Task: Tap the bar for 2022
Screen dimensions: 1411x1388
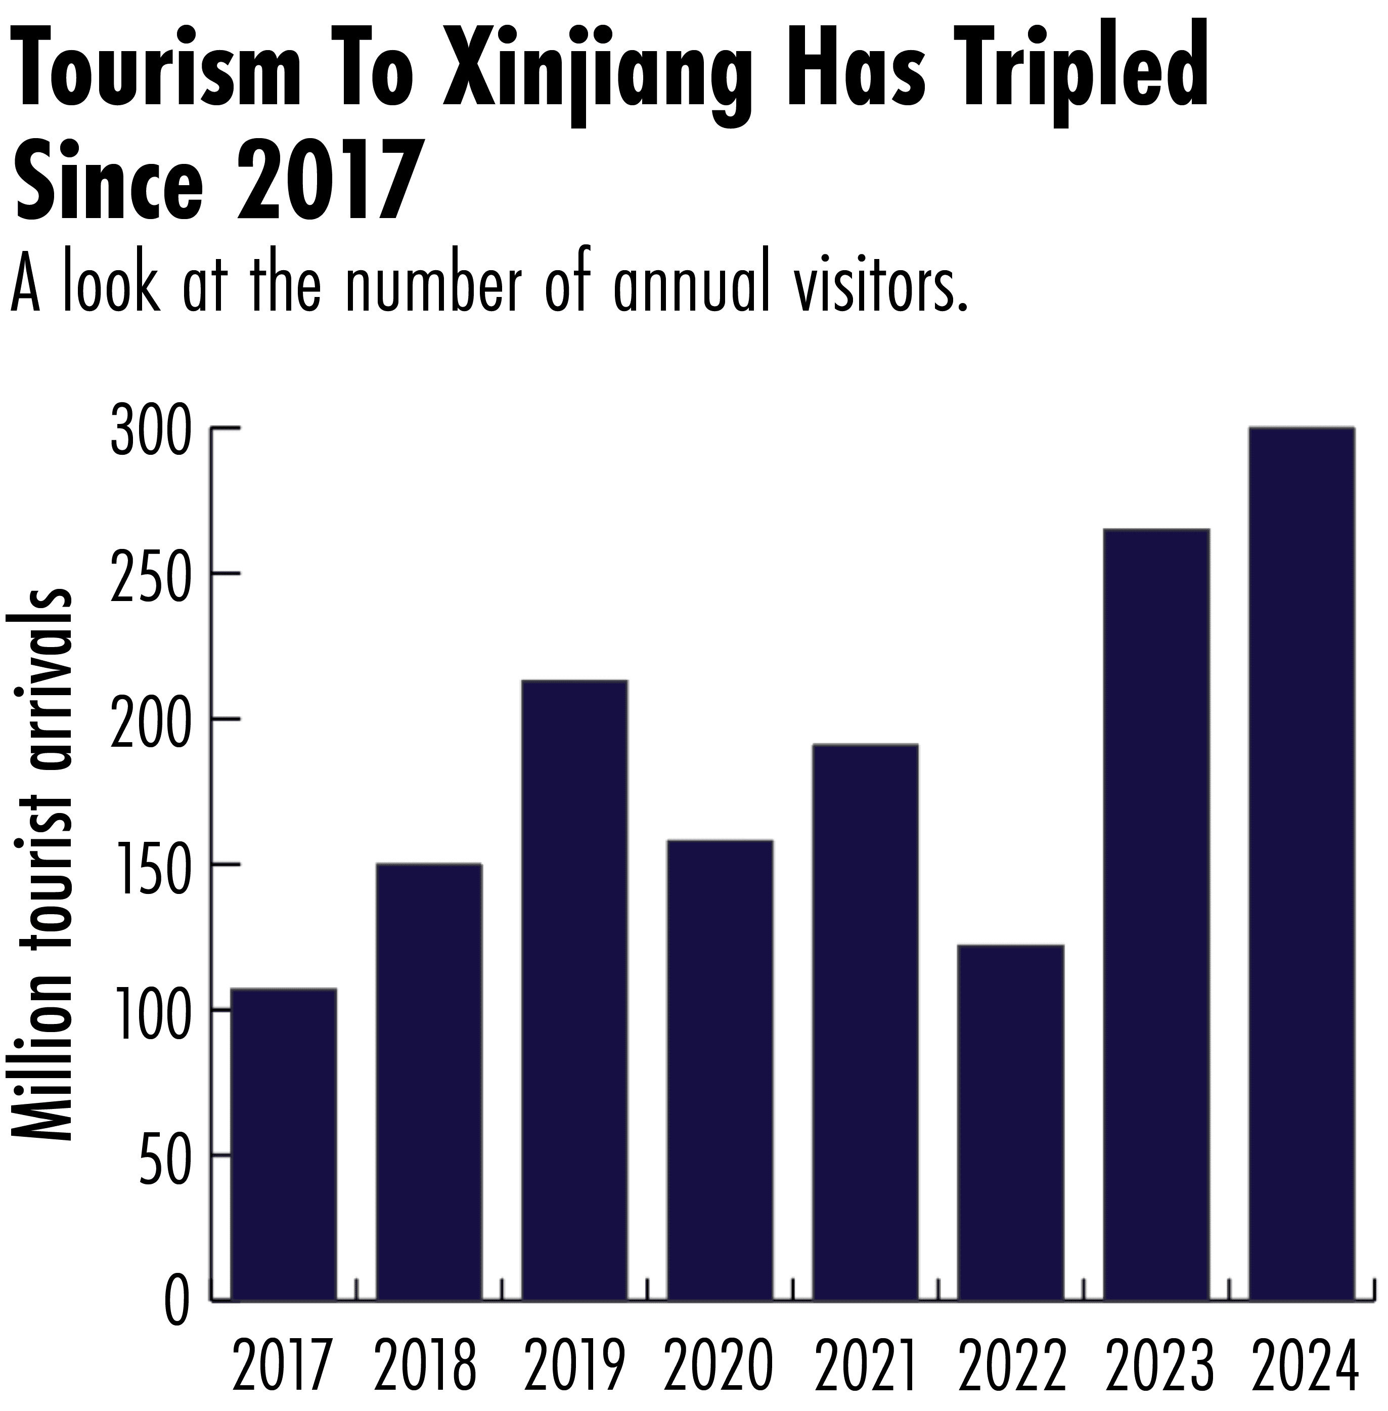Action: (1010, 1123)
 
